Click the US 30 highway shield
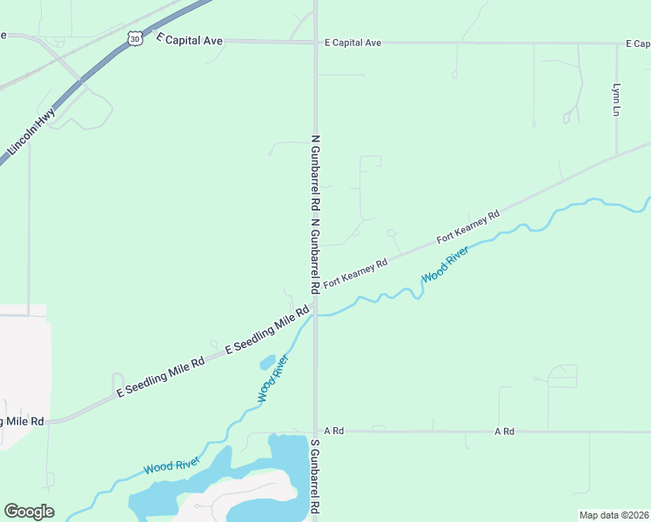(134, 38)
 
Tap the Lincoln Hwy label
(31, 131)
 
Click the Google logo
(29, 512)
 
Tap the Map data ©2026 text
(613, 515)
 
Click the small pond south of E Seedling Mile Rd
(267, 361)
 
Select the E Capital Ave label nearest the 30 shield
(189, 40)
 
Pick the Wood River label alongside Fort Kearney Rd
(446, 264)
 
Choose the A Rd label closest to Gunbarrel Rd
(334, 431)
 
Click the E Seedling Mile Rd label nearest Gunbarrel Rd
(267, 331)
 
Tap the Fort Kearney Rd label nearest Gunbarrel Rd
(355, 274)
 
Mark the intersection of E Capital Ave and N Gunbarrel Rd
(315, 41)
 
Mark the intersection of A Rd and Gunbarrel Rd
(315, 431)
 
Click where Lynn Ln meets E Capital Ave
(616, 43)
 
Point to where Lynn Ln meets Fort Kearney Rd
(616, 157)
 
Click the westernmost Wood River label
(172, 465)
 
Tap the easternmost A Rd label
(504, 431)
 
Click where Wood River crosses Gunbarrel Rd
(315, 315)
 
